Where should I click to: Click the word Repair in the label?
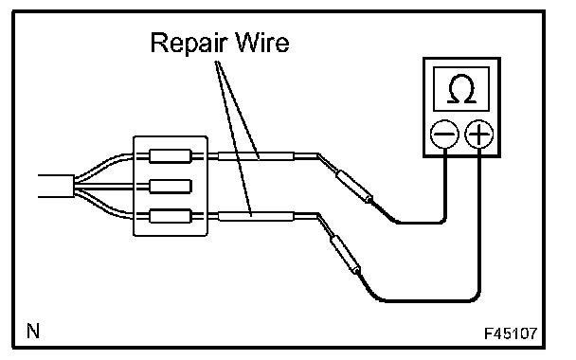[189, 45]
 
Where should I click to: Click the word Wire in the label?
[262, 43]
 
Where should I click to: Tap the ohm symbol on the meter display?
[461, 89]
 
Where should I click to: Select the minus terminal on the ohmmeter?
[444, 135]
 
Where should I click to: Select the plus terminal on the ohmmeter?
[479, 135]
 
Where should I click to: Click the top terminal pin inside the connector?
[171, 156]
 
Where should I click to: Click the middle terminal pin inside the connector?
[171, 187]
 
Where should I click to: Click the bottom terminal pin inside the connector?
[171, 216]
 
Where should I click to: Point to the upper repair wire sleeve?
[256, 156]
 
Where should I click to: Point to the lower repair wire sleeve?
[256, 216]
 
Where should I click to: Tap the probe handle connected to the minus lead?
[354, 186]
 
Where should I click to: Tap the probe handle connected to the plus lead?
[345, 255]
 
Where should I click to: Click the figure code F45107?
[511, 333]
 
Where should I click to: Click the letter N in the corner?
[33, 331]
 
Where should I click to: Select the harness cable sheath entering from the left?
[56, 186]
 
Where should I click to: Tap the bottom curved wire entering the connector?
[103, 206]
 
